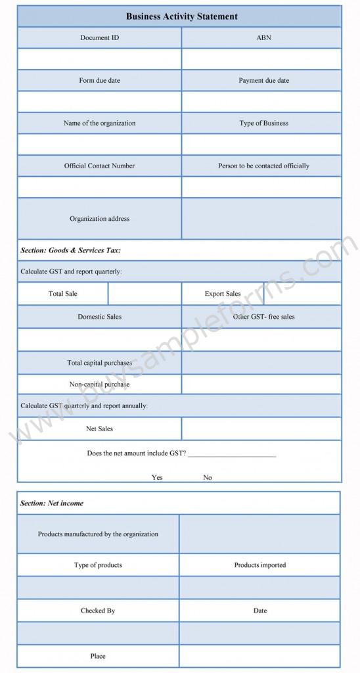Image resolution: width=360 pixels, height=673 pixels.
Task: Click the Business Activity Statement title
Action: pyautogui.click(x=181, y=16)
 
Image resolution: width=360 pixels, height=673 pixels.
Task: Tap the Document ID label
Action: pyautogui.click(x=100, y=37)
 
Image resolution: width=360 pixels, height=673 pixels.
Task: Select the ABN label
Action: pyautogui.click(x=263, y=37)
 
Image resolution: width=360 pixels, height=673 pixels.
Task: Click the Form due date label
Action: pyautogui.click(x=100, y=80)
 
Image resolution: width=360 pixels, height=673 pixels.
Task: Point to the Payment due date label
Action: pyautogui.click(x=263, y=80)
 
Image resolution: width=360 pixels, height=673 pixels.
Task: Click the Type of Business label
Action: pyautogui.click(x=263, y=123)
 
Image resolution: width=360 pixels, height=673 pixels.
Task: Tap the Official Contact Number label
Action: pyautogui.click(x=100, y=166)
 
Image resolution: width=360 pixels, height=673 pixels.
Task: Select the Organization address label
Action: pyautogui.click(x=100, y=219)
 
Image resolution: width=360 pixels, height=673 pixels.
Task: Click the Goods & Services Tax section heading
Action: pyautogui.click(x=70, y=250)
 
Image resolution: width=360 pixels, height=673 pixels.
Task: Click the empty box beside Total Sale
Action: pyautogui.click(x=145, y=294)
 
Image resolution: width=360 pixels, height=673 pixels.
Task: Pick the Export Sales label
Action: pyautogui.click(x=223, y=294)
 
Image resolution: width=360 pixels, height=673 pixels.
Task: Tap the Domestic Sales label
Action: pyautogui.click(x=100, y=317)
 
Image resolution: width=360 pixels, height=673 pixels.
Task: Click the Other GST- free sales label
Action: pyautogui.click(x=263, y=317)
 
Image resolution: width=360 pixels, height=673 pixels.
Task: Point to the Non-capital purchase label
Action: pyautogui.click(x=100, y=384)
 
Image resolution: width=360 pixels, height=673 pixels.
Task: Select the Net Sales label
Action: pyautogui.click(x=100, y=429)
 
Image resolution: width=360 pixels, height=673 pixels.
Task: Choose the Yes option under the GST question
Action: pyautogui.click(x=157, y=477)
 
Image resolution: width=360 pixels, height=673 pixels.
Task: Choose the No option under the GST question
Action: pyautogui.click(x=208, y=477)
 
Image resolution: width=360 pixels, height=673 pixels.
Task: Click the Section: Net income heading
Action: pyautogui.click(x=52, y=503)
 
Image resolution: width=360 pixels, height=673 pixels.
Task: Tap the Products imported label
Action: pyautogui.click(x=260, y=565)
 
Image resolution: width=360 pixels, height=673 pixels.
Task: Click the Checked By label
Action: pyautogui.click(x=98, y=611)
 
